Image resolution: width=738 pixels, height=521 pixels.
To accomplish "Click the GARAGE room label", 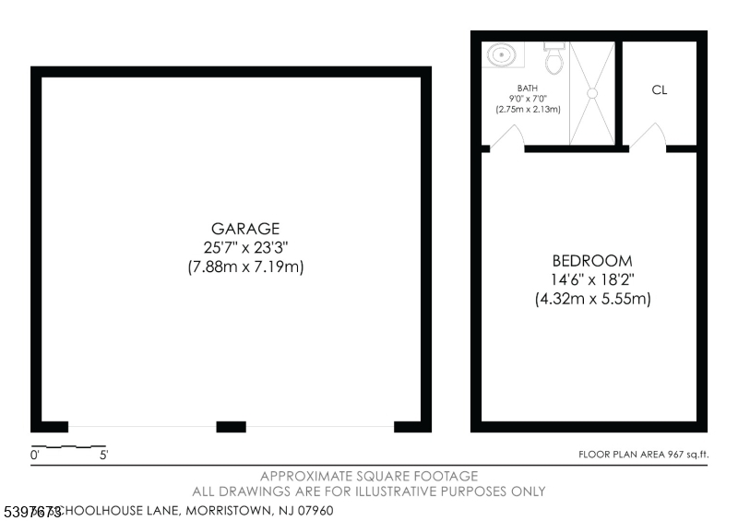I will (244, 229).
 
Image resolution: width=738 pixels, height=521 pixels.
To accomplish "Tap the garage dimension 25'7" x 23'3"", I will (244, 247).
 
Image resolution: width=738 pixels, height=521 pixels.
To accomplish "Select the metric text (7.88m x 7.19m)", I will (244, 266).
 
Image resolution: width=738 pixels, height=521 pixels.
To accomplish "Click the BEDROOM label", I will (592, 260).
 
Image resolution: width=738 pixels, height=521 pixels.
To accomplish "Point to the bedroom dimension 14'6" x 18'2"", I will (592, 279).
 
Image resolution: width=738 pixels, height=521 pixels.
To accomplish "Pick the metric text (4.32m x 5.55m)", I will (592, 299).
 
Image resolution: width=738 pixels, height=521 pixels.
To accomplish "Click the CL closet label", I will (659, 90).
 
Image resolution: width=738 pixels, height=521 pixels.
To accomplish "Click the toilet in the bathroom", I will (554, 59).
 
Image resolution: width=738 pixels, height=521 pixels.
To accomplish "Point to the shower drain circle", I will (592, 92).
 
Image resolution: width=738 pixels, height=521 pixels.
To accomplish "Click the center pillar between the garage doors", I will (231, 426).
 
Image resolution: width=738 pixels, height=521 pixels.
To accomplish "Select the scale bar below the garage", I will (68, 446).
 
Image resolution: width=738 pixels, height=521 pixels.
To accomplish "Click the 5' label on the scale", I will (103, 455).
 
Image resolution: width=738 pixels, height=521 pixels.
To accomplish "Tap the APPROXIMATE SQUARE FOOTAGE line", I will (369, 476).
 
